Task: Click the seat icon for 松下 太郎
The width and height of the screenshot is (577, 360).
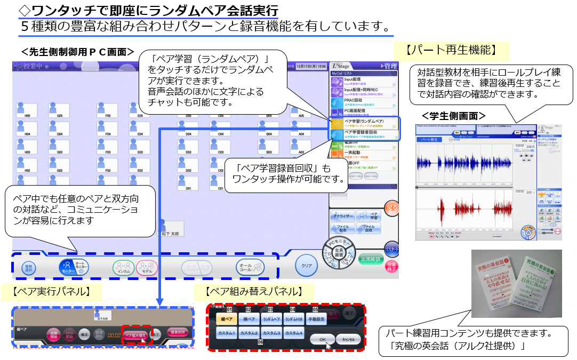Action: [x=172, y=228]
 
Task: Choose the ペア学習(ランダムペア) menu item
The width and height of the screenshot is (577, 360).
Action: [x=364, y=124]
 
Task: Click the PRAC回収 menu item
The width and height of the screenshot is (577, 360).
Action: [x=364, y=101]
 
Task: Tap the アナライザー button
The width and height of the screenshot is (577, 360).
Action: [x=344, y=217]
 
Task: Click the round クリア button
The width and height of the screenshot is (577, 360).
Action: [x=306, y=265]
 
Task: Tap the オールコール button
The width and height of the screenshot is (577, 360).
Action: [x=250, y=267]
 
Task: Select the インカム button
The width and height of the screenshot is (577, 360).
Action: [x=123, y=267]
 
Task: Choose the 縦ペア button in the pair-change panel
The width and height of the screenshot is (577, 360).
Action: [x=226, y=319]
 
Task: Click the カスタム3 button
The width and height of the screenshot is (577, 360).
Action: [x=271, y=333]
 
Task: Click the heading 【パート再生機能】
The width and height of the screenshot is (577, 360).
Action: [x=451, y=51]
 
